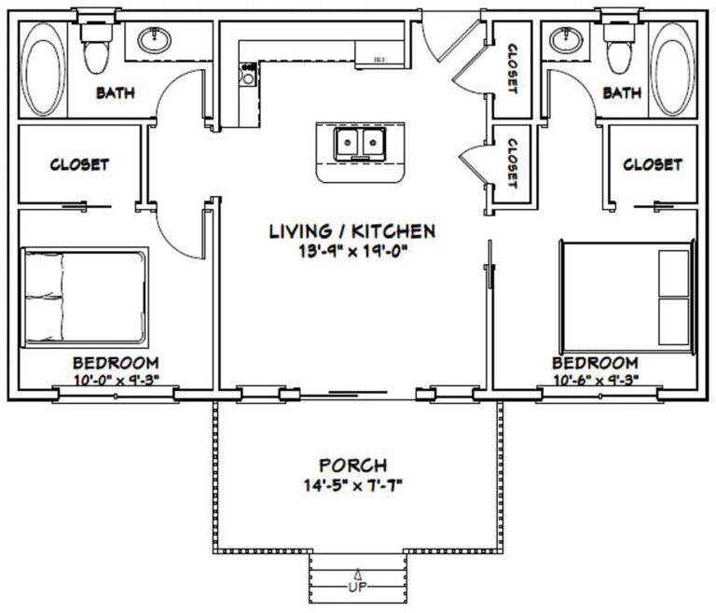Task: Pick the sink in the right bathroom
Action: coord(561,40)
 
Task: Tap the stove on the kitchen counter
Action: coord(247,74)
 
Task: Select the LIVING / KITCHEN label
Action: coord(351,230)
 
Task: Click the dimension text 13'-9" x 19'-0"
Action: coord(351,250)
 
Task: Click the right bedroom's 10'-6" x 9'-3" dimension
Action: coord(595,380)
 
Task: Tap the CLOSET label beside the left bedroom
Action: coord(79,164)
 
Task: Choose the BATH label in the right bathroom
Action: coord(623,92)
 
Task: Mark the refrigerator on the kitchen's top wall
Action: coord(380,57)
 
